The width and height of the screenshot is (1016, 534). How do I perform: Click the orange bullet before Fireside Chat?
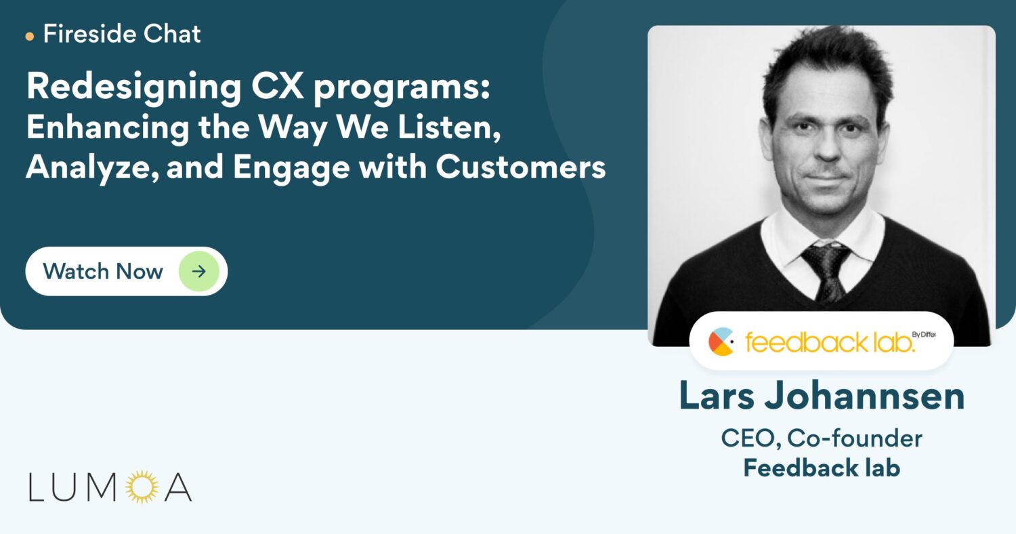point(30,37)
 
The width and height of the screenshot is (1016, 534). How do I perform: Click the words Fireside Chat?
point(122,34)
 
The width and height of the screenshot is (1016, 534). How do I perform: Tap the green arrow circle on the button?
point(198,271)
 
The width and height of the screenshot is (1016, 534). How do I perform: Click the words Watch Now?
point(103,271)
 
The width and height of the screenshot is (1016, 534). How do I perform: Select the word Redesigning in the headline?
point(134,87)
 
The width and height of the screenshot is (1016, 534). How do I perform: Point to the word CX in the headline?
point(277,85)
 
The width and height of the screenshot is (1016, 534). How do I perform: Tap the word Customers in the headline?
point(521,167)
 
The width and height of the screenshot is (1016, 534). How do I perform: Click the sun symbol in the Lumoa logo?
point(142,487)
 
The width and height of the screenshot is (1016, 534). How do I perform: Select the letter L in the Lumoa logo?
point(37,487)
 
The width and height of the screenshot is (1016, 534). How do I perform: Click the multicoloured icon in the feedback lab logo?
point(721,342)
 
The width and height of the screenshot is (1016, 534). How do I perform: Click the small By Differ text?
point(924,334)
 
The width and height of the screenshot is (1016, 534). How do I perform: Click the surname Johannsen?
point(864,396)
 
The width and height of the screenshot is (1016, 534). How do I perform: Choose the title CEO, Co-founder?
point(822,438)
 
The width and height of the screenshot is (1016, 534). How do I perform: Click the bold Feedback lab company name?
point(822,468)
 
